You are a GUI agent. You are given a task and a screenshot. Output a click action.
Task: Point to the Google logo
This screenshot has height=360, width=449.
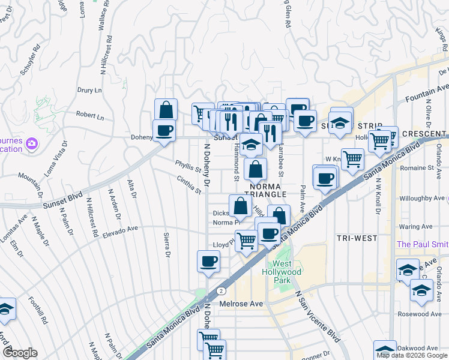pyautogui.click(x=20, y=353)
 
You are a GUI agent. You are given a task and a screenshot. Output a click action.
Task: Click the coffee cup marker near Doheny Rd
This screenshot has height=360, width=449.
pyautogui.click(x=164, y=130)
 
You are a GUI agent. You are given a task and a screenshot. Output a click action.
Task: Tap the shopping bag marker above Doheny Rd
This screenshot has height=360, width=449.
pyautogui.click(x=166, y=109)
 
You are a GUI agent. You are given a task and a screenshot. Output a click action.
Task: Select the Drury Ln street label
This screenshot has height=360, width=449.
pyautogui.click(x=89, y=90)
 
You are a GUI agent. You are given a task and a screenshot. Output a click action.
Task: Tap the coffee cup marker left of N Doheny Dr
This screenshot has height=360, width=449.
pyautogui.click(x=209, y=262)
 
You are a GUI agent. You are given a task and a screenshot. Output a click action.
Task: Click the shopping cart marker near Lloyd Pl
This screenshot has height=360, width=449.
pyautogui.click(x=246, y=241)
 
